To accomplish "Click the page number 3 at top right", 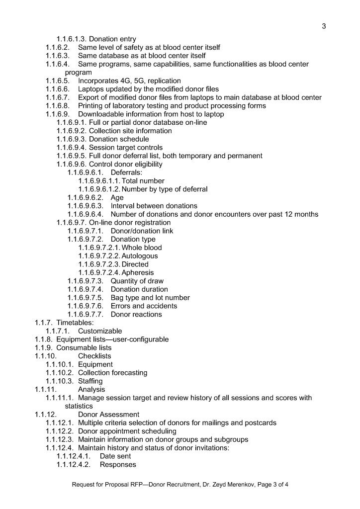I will (324, 26).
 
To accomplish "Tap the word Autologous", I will (140, 256).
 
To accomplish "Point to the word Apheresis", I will (138, 272).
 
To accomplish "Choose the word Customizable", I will (100, 331).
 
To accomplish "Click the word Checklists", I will (94, 356).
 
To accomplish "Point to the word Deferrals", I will (126, 172).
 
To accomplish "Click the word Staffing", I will (90, 381).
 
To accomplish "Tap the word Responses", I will (118, 465).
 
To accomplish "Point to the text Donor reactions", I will (136, 314).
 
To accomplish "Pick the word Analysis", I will (91, 389).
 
